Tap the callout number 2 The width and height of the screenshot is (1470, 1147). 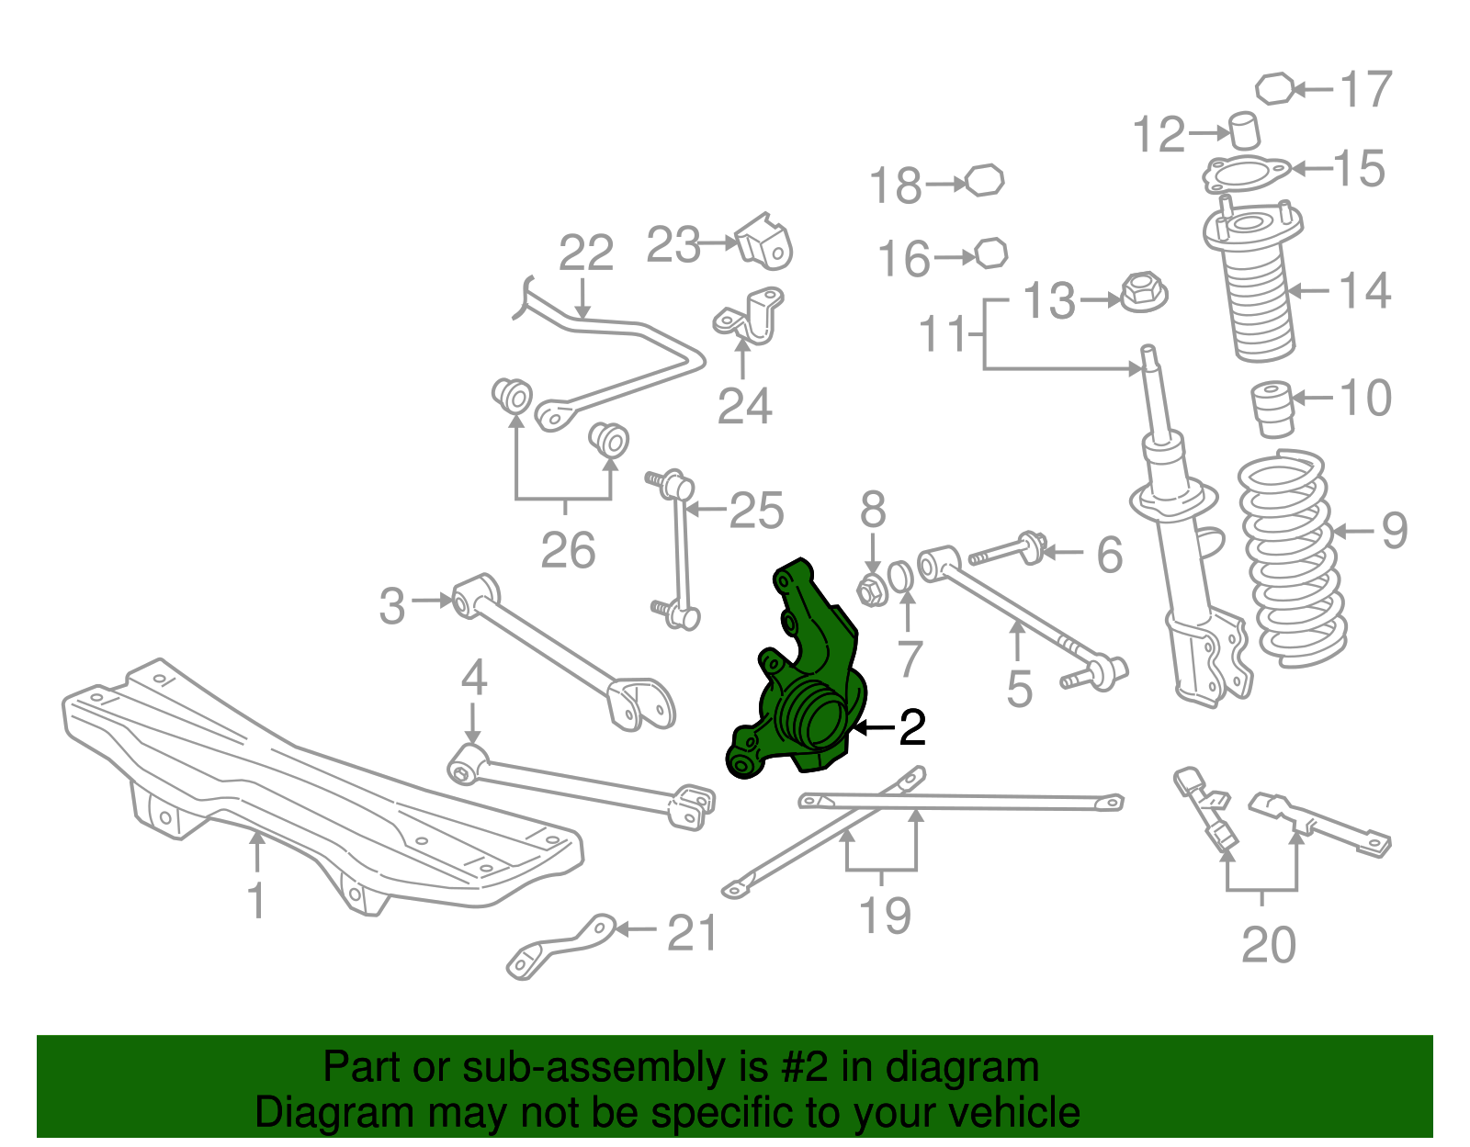[x=911, y=728]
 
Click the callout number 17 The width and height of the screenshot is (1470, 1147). [x=1366, y=89]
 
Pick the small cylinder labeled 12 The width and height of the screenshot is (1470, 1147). [x=1245, y=129]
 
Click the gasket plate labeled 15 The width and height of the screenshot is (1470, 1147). [x=1247, y=173]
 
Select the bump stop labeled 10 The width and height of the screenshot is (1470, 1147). [x=1273, y=408]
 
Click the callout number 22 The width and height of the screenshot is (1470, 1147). [x=586, y=253]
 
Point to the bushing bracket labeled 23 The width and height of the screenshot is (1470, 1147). [x=765, y=242]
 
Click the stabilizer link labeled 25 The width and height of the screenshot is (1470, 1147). [x=680, y=551]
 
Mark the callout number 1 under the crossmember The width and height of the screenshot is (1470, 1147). [x=257, y=900]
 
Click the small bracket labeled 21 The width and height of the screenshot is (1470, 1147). [x=560, y=946]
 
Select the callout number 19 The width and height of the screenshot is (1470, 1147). [x=885, y=916]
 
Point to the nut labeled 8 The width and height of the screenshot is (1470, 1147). [x=871, y=590]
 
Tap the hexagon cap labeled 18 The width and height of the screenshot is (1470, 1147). [x=984, y=180]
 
